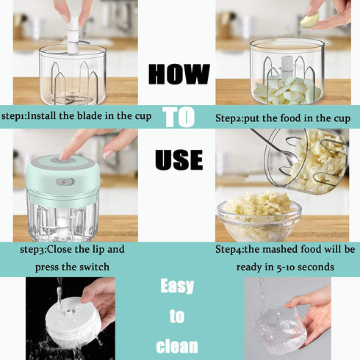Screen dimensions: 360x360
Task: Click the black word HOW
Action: [179, 74]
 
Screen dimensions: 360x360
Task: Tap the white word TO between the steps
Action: [179, 118]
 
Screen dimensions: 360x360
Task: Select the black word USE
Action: [179, 159]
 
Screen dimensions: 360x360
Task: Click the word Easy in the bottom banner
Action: [177, 286]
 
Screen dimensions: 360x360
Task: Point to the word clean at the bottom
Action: [177, 346]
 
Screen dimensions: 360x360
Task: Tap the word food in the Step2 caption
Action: [291, 118]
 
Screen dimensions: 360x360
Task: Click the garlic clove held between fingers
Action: [310, 20]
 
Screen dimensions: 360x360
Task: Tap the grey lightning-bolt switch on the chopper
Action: [65, 182]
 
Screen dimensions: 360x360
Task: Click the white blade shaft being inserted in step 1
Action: [73, 35]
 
